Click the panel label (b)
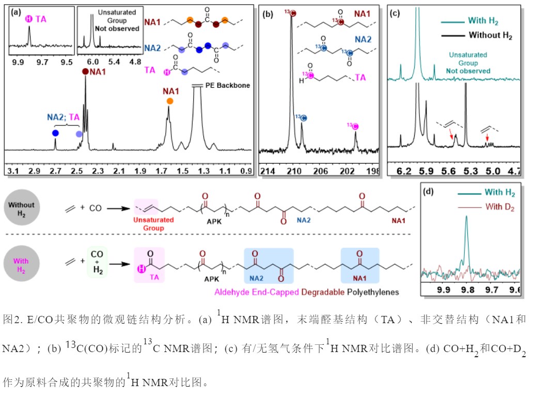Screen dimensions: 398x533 [x=268, y=14]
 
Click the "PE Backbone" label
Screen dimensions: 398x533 [x=228, y=85]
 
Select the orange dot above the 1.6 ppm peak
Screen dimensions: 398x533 [x=170, y=102]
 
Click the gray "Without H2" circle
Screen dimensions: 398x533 [x=21, y=209]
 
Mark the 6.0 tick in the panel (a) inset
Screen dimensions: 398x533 [x=94, y=62]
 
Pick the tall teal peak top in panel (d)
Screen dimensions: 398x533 [x=466, y=217]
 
